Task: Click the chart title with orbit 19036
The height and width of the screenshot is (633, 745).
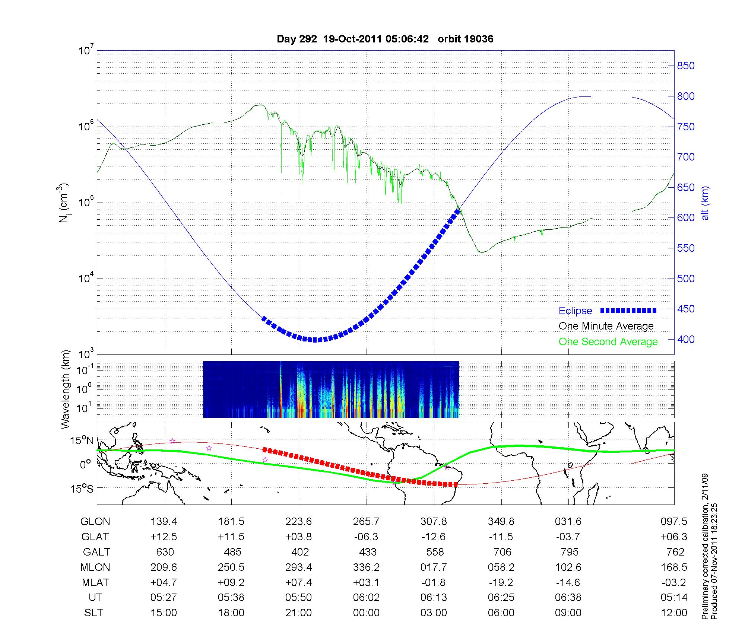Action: click(385, 39)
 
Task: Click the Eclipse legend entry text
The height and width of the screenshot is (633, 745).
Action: click(575, 311)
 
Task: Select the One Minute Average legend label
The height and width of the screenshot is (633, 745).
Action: click(606, 326)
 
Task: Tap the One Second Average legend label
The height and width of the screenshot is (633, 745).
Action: click(608, 342)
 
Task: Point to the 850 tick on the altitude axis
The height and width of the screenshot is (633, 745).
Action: click(686, 66)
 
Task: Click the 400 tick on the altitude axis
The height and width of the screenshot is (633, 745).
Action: click(686, 340)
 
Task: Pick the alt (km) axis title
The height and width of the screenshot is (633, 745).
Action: click(705, 203)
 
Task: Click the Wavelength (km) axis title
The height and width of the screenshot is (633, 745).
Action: click(66, 389)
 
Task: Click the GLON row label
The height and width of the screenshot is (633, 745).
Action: click(95, 522)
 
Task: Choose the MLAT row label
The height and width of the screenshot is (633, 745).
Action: click(95, 582)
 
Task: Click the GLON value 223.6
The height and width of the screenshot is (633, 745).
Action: click(298, 522)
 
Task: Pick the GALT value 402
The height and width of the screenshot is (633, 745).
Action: click(300, 552)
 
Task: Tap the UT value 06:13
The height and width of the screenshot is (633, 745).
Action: click(434, 598)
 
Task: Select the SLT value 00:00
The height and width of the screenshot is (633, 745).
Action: click(366, 613)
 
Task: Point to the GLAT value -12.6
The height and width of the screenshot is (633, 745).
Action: click(434, 537)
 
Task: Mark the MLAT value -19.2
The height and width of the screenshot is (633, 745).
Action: click(501, 582)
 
